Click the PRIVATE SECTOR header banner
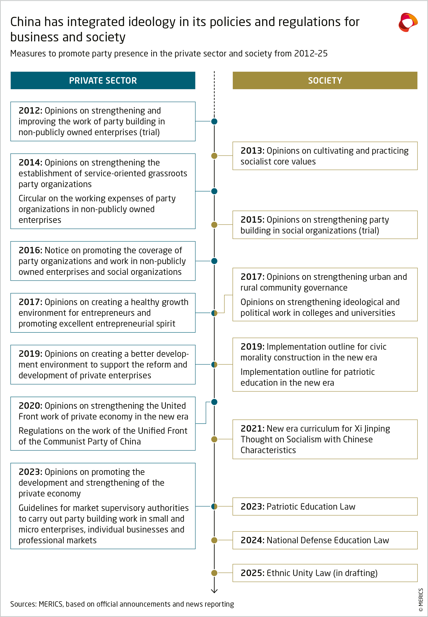[103, 80]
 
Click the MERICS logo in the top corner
[408, 22]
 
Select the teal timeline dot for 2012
[214, 121]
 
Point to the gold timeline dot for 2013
[214, 156]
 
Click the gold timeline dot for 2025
[214, 573]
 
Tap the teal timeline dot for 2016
[214, 261]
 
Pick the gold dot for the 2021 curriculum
[214, 439]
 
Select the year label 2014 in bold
[30, 163]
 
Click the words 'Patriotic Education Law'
[311, 507]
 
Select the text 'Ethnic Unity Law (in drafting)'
[322, 573]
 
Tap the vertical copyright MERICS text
[420, 600]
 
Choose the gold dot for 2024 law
[214, 540]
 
